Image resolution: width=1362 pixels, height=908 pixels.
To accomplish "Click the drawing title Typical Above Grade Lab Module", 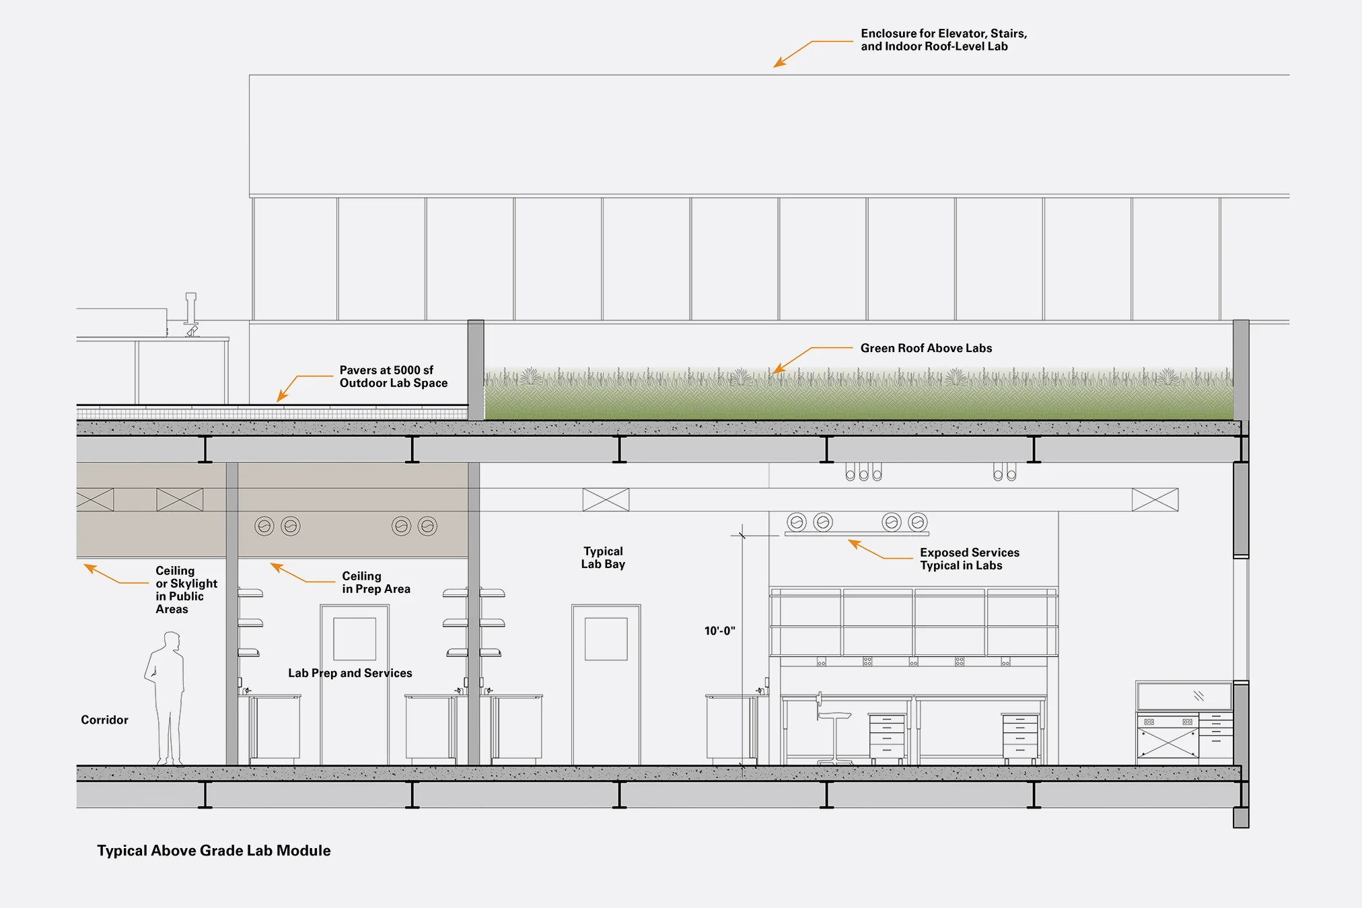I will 214,851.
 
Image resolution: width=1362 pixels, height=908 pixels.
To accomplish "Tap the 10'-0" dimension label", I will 719,631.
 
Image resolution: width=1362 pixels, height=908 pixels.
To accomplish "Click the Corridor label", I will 104,720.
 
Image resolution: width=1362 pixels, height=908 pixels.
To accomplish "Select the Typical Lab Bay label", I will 603,558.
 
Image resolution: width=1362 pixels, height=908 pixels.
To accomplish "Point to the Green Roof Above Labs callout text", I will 926,349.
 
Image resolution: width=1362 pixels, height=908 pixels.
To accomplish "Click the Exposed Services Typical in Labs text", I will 969,559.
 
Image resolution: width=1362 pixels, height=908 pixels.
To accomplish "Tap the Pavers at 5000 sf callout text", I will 393,377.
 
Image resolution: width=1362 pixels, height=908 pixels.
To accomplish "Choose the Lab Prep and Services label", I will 350,673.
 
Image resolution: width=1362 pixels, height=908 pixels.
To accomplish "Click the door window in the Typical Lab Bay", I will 606,639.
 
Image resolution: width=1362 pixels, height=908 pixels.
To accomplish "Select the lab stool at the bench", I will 834,734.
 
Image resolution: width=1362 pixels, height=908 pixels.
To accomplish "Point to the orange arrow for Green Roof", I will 794,359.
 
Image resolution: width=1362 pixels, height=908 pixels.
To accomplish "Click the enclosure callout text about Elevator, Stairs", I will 943,40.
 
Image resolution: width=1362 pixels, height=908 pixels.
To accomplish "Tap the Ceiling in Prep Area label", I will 375,583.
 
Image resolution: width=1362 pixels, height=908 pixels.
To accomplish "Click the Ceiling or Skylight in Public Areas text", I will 186,590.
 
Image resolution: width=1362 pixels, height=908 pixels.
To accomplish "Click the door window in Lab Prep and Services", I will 355,639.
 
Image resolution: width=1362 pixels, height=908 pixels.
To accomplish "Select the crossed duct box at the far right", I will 1155,499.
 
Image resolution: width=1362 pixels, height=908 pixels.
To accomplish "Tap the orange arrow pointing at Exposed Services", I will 871,551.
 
